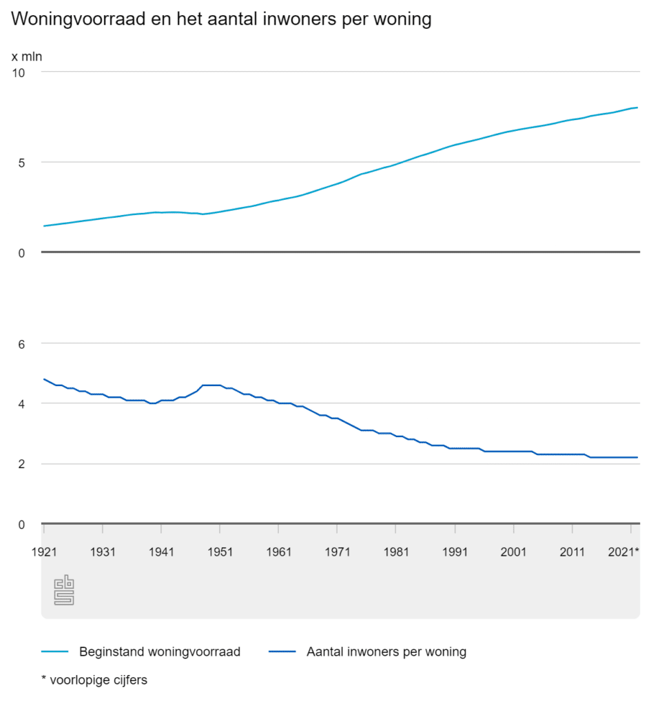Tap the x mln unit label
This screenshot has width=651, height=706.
(26, 56)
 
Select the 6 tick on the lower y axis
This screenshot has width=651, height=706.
(21, 343)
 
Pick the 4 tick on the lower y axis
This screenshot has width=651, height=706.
(21, 404)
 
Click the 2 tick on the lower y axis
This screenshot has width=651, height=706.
(21, 464)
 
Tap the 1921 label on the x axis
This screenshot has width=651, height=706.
(43, 552)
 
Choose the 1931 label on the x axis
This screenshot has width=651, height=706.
(102, 552)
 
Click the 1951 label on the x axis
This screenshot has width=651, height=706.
(219, 552)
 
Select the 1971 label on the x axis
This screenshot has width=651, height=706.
(337, 552)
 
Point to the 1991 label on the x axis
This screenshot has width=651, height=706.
(455, 552)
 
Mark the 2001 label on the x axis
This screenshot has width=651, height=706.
(513, 552)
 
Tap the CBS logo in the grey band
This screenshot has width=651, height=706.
(63, 591)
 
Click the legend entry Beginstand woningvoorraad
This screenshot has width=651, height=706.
(159, 652)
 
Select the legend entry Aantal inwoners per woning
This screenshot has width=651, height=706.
(386, 652)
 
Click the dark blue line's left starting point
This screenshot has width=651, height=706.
(43, 379)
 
